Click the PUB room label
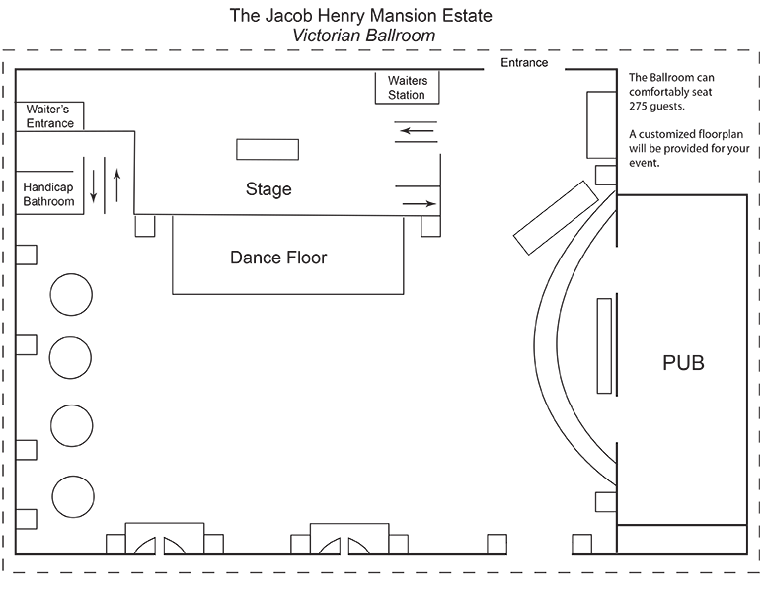tap(683, 362)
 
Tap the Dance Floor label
tap(277, 258)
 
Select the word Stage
tap(268, 189)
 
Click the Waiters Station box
tap(406, 87)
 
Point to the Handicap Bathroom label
tap(49, 193)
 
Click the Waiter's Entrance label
tap(49, 116)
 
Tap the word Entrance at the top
tap(523, 63)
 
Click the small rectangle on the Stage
tap(267, 150)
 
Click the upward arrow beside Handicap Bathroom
tap(116, 185)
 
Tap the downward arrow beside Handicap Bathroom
tap(95, 185)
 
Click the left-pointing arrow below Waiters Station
tap(415, 127)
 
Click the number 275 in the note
tap(642, 106)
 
